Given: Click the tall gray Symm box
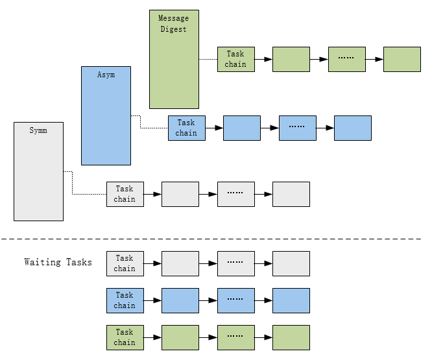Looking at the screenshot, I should [x=39, y=171].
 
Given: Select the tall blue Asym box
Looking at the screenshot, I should [x=106, y=115].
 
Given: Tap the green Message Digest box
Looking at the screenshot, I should [x=174, y=59].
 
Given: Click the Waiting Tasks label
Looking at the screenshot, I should [x=58, y=262].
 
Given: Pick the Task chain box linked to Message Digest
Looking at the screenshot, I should [x=235, y=59].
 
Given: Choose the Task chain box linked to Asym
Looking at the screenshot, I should [x=186, y=128].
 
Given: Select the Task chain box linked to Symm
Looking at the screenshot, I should [x=125, y=194].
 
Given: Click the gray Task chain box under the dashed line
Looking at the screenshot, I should [x=125, y=263].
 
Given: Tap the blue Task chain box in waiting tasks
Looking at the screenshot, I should [x=125, y=300].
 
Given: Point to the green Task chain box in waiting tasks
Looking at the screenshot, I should [x=125, y=337].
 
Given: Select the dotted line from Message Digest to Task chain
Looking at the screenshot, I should [x=208, y=59].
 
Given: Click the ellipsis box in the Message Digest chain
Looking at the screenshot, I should [x=347, y=59].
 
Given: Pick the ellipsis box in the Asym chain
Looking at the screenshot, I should [x=297, y=128].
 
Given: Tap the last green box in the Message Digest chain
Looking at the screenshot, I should [x=402, y=59].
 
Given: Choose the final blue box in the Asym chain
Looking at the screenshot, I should [x=353, y=128].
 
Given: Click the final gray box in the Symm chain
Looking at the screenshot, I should [x=291, y=194].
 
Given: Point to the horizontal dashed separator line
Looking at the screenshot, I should [x=214, y=239].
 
